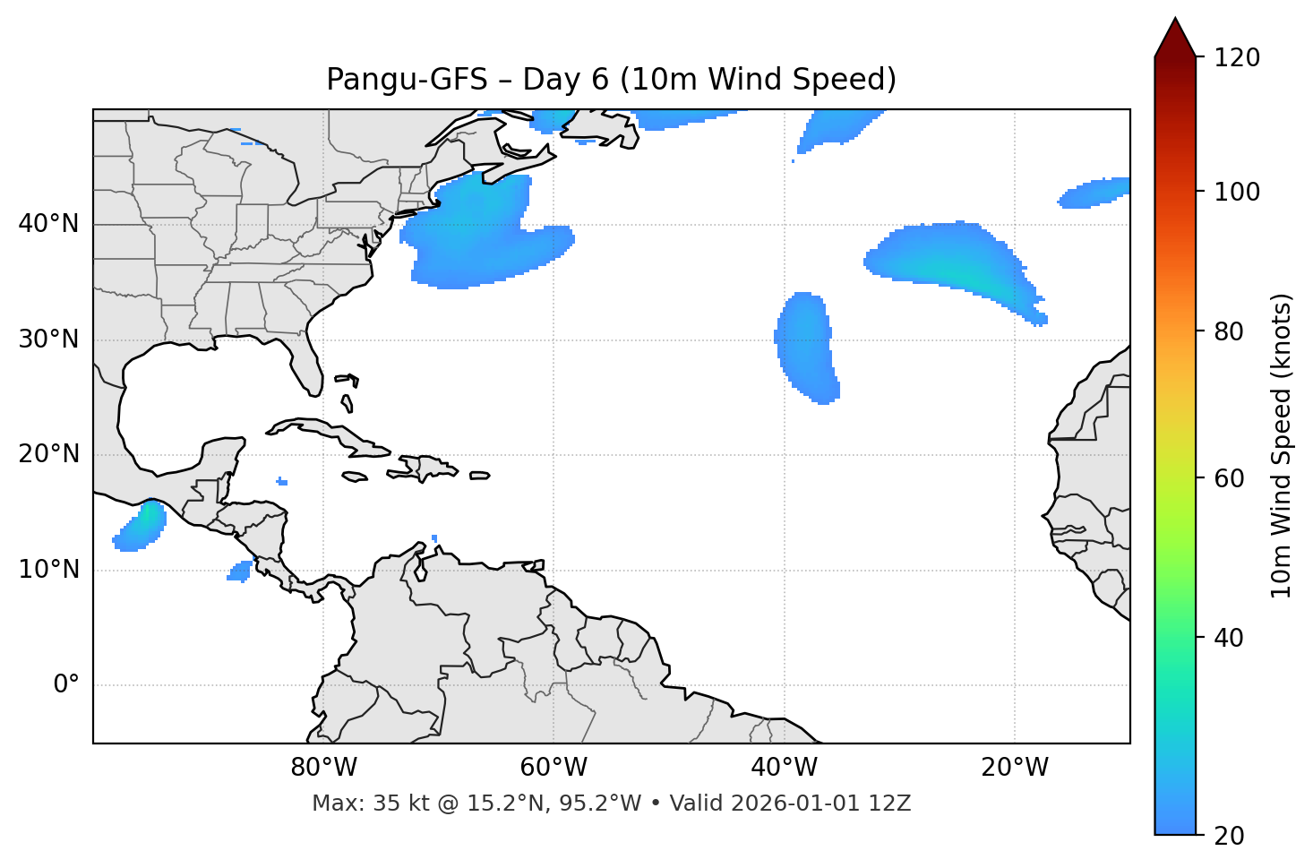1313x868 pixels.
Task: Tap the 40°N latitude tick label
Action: pos(48,224)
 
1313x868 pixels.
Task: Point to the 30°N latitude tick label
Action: pos(48,339)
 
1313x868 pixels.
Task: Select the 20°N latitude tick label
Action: pos(48,454)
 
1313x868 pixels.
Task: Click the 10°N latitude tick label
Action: pos(48,570)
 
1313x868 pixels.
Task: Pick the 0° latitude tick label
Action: pos(66,685)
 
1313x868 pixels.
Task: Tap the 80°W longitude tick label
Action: pos(323,768)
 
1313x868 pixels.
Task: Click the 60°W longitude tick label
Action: pos(554,768)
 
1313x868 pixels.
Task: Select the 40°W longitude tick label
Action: pos(785,768)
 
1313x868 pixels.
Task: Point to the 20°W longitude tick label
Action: pos(1015,768)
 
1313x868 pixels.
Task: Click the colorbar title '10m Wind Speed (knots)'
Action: pos(1282,445)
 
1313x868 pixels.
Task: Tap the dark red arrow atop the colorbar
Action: pos(1175,38)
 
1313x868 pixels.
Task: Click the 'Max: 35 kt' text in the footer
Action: pos(353,804)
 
